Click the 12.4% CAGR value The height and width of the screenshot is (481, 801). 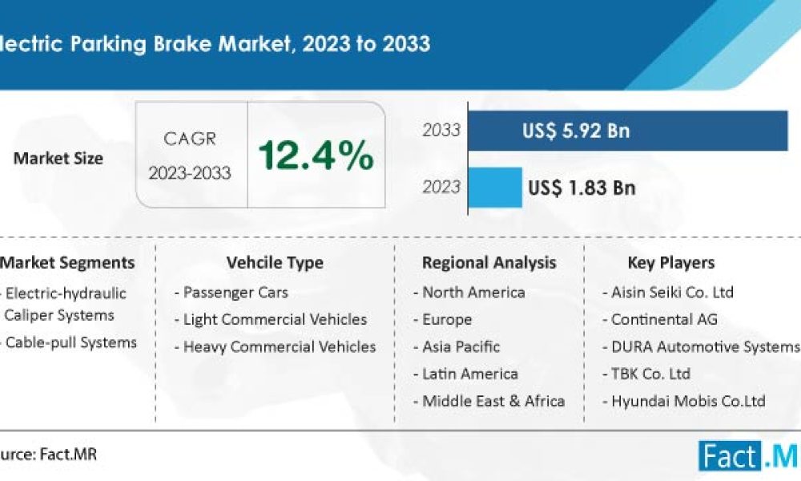[316, 155]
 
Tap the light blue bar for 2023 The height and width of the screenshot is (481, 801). [494, 187]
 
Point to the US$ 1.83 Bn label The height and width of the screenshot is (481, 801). [582, 188]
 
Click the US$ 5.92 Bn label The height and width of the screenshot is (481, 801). [576, 131]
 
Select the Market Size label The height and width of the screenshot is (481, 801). [58, 158]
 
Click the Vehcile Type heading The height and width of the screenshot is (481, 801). [275, 262]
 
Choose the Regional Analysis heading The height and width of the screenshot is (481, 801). [489, 262]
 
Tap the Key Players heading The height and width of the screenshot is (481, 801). [671, 262]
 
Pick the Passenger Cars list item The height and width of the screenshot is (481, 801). [235, 292]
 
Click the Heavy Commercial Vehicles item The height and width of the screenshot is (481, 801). [279, 346]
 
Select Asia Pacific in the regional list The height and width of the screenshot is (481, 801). [461, 346]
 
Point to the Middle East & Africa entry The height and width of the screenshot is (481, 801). [493, 401]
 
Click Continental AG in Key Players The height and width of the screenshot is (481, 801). [664, 319]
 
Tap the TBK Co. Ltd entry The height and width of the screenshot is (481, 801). [650, 374]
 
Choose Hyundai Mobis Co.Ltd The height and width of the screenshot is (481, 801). [688, 401]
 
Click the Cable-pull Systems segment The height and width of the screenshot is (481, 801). [70, 342]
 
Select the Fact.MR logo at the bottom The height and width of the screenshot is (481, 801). [748, 456]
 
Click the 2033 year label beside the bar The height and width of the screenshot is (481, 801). [441, 130]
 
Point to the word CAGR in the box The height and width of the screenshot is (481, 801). [190, 139]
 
